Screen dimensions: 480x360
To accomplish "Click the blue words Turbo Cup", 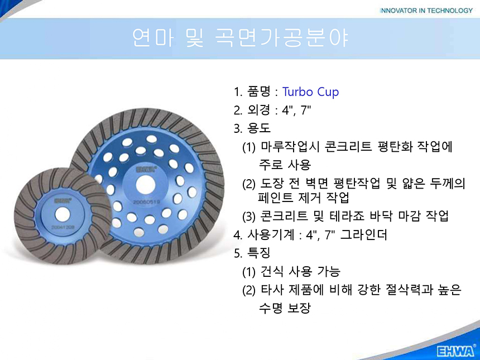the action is click(x=310, y=92).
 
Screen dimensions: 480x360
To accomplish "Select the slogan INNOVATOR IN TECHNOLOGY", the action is click(x=426, y=11).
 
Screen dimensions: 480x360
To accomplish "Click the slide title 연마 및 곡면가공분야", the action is click(x=241, y=38).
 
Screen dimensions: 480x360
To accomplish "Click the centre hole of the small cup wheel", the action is click(x=62, y=214).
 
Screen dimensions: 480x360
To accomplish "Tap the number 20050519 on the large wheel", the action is click(x=146, y=203).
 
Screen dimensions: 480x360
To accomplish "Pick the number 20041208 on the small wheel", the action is click(x=63, y=228).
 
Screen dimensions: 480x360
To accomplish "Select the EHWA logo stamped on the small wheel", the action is click(x=63, y=201).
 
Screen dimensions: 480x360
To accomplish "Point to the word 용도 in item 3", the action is click(x=259, y=128).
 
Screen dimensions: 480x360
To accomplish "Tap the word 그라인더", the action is click(x=364, y=235).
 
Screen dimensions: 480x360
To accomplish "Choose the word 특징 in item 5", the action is click(x=258, y=253).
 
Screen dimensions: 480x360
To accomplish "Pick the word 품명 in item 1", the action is click(x=258, y=92).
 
